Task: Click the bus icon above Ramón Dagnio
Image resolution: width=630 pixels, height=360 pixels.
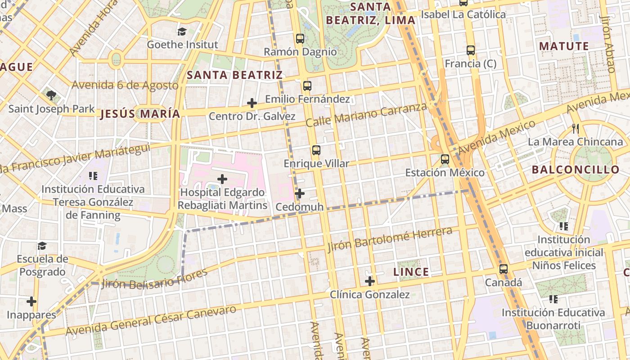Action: coord(300,39)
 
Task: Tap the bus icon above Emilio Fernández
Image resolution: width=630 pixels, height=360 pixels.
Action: coord(307,85)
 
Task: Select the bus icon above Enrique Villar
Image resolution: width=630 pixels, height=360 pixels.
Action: coord(316,150)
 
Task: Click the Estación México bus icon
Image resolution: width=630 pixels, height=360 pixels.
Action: coord(445,159)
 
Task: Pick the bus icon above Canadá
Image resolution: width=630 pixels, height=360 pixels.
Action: coord(504,270)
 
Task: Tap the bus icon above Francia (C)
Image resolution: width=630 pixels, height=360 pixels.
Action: coord(471,50)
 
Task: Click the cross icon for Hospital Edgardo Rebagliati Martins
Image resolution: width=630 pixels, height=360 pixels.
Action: coord(222,179)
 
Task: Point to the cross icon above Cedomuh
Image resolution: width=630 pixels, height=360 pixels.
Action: coord(300,194)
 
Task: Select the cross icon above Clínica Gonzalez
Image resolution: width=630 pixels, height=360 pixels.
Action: coord(370,282)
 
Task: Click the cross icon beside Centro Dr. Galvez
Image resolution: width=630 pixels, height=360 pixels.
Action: coord(252,103)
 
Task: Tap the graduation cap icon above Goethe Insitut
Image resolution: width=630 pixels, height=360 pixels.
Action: coord(182,31)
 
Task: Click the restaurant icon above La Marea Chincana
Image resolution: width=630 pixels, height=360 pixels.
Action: coord(575,129)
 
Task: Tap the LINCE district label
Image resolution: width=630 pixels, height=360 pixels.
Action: coord(411,272)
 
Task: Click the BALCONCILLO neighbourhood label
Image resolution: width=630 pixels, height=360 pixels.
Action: coord(576,170)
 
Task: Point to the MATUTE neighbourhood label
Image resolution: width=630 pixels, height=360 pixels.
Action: coord(564,46)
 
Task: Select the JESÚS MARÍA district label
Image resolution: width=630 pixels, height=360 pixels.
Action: coord(140,114)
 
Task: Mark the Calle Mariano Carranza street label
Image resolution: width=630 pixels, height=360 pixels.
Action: coord(366,114)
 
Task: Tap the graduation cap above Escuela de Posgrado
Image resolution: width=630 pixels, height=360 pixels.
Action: coord(42,246)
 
